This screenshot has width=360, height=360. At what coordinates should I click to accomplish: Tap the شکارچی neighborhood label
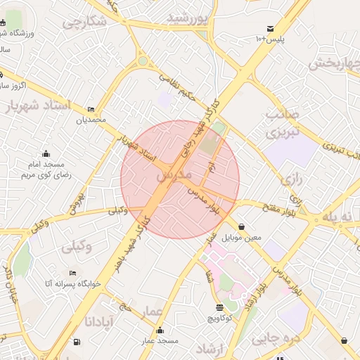84,22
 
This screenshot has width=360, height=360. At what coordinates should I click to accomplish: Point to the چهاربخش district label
335,63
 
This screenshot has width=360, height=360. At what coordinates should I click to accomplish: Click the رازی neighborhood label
291,179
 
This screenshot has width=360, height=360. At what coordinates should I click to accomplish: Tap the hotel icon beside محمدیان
91,109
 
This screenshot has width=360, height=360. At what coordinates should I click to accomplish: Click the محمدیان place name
91,120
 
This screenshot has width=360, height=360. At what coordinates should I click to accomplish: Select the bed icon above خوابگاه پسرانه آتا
72,273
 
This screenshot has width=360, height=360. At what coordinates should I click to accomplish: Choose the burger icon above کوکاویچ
219,307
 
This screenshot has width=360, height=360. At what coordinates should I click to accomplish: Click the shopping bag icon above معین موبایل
242,226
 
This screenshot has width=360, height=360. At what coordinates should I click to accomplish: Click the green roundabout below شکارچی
143,61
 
